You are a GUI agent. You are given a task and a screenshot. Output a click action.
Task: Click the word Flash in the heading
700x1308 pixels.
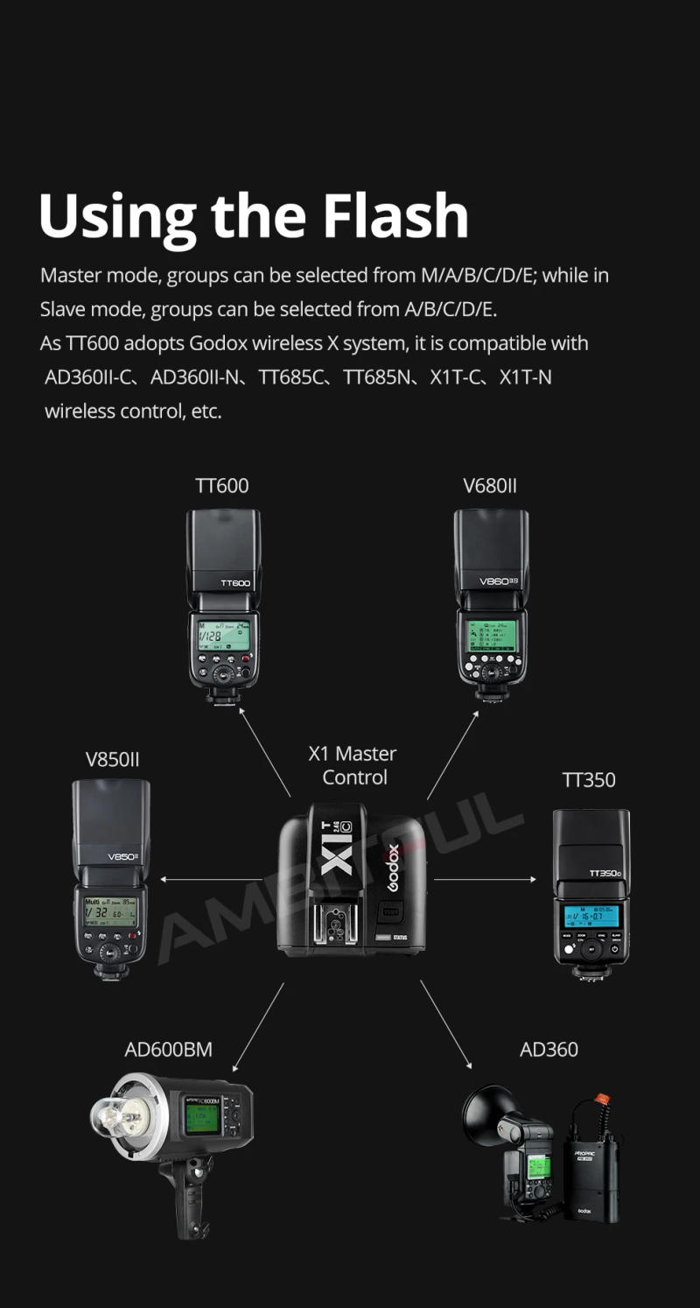395,215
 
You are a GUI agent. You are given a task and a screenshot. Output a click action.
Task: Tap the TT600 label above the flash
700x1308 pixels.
221,485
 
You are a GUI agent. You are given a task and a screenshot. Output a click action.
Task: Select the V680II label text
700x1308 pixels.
489,485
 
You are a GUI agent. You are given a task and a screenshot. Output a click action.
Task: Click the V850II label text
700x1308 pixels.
112,759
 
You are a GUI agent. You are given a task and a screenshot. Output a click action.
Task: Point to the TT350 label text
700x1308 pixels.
588,779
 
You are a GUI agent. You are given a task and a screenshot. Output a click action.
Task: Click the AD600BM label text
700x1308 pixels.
168,1049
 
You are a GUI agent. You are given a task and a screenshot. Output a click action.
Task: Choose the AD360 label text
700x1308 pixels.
549,1049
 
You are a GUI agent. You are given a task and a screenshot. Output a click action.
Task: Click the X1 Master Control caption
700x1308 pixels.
353,765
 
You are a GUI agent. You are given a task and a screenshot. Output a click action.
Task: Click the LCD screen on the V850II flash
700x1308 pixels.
110,911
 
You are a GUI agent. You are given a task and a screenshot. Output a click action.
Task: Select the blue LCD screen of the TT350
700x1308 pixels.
591,916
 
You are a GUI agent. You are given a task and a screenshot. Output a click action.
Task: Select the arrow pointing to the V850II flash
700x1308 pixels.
210,879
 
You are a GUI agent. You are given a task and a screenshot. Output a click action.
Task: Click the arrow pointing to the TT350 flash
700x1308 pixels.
486,879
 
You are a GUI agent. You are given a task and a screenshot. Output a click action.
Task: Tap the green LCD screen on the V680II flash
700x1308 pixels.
490,634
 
